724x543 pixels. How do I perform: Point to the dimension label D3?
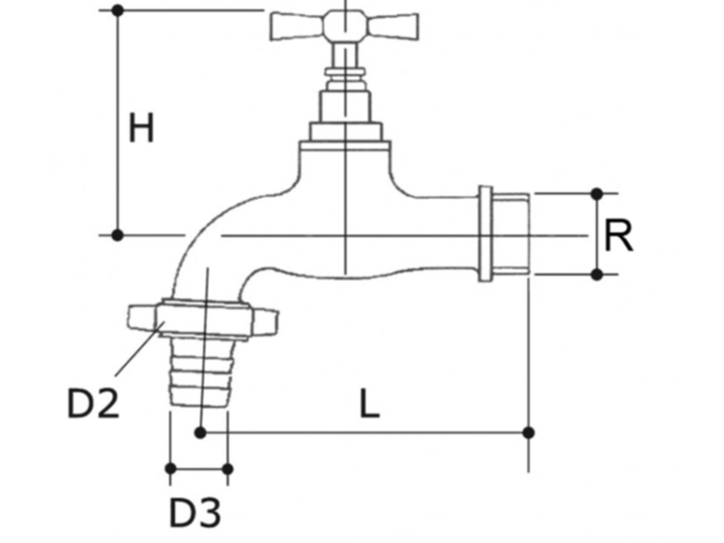point(194,513)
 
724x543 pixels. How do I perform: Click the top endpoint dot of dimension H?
point(118,10)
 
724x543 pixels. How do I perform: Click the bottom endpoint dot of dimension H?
point(118,235)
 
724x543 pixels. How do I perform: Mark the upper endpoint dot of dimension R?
point(597,194)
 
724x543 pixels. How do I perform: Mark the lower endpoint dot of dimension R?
point(597,275)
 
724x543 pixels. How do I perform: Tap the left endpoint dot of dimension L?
point(201,433)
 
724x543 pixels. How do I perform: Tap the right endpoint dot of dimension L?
point(529,433)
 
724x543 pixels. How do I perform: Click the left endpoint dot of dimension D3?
point(171,468)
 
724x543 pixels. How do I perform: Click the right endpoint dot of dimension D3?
point(227,468)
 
